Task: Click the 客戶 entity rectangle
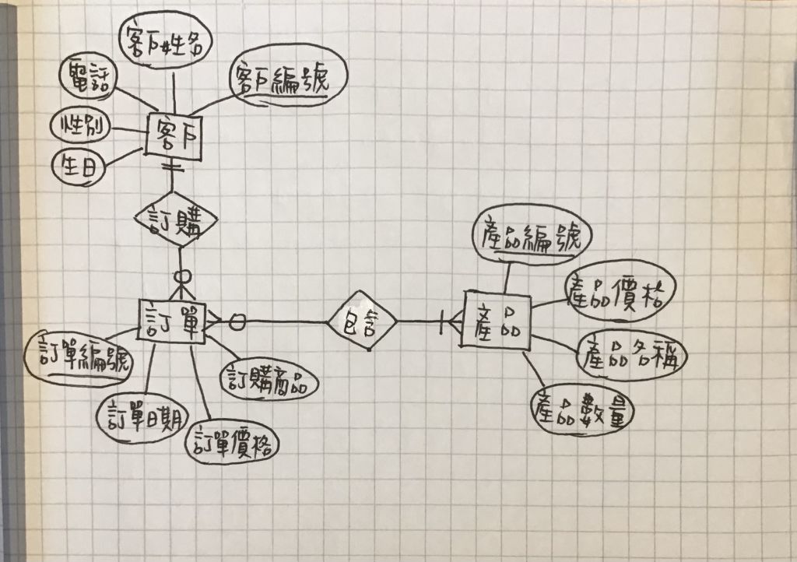coord(175,135)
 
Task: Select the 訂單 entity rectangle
coord(171,318)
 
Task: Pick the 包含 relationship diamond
coord(362,321)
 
